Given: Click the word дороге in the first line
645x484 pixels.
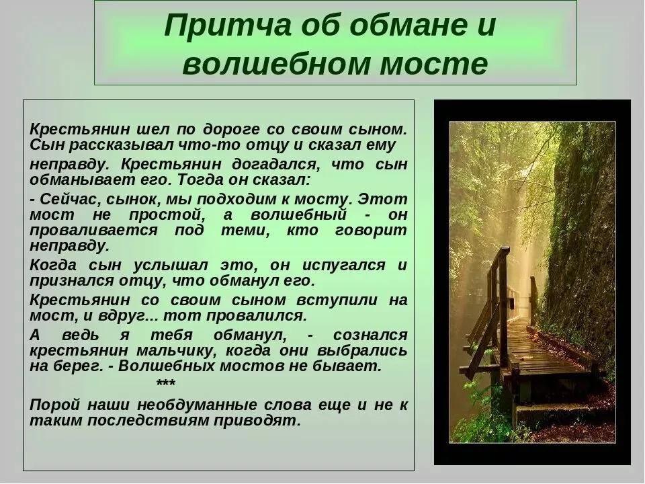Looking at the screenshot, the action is [x=231, y=130].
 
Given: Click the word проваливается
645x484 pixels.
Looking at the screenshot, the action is [x=93, y=231].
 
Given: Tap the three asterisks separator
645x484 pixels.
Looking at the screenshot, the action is [x=166, y=384].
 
